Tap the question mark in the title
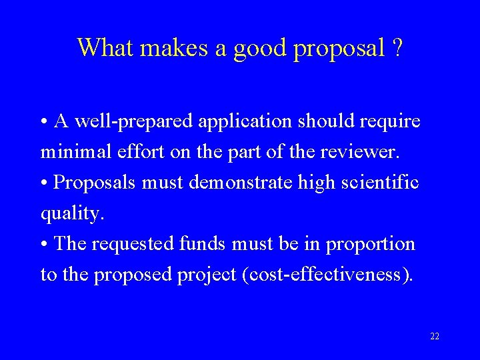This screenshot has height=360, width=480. [397, 48]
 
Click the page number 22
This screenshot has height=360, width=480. [435, 337]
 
